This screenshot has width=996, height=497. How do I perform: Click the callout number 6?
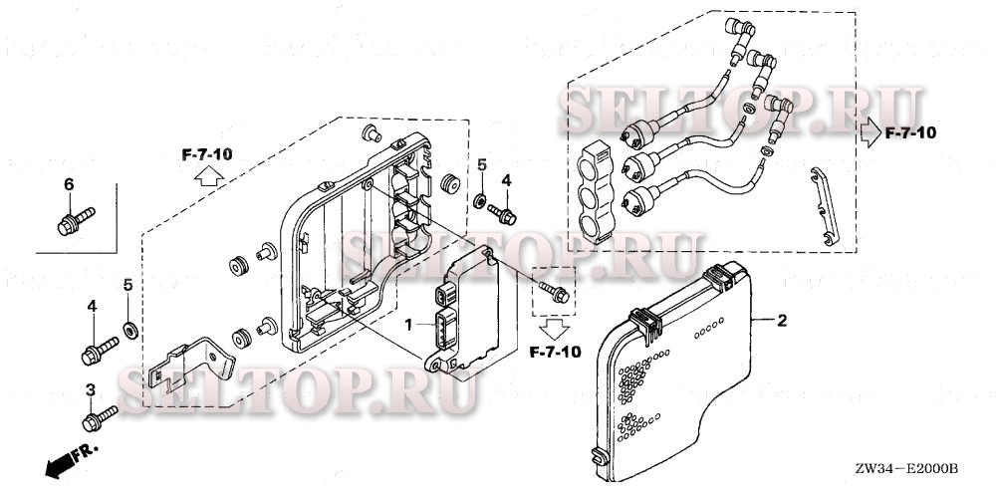click(x=69, y=184)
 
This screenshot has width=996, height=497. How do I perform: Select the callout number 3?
click(x=90, y=389)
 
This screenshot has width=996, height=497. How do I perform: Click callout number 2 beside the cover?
click(x=782, y=321)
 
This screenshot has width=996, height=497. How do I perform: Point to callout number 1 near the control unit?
click(x=407, y=325)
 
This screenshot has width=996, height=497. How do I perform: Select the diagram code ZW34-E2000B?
click(x=905, y=468)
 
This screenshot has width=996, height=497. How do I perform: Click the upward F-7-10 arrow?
click(x=207, y=178)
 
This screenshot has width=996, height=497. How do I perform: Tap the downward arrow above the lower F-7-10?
click(x=555, y=326)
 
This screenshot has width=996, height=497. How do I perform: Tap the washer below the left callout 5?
click(x=129, y=329)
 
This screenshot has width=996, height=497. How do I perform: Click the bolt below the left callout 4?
click(x=99, y=348)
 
